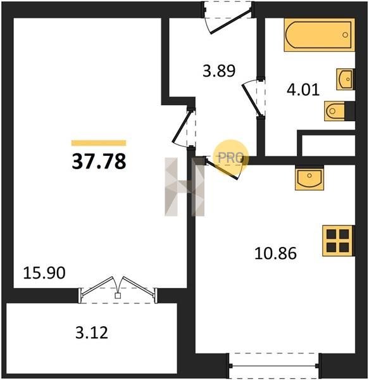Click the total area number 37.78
(99, 161)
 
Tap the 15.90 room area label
(44, 272)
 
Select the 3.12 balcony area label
(92, 332)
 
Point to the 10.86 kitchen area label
(275, 253)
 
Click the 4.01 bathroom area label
(303, 90)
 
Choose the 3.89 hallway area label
(219, 71)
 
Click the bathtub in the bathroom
(320, 35)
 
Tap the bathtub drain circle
(345, 35)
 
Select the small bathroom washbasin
(346, 79)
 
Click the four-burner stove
(338, 241)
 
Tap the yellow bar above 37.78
(99, 143)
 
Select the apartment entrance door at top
(228, 18)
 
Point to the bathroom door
(254, 98)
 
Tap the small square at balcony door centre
(118, 296)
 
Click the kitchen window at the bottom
(273, 365)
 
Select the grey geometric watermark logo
(185, 187)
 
